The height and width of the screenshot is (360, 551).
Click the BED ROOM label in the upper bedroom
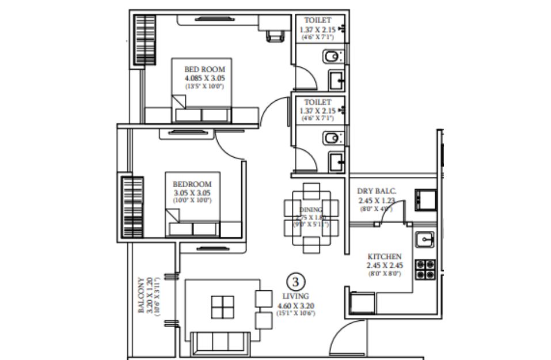click(x=204, y=69)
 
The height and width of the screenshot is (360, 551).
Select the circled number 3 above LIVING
click(x=295, y=282)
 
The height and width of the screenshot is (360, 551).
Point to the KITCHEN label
click(x=385, y=256)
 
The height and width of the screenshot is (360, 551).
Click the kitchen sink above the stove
click(x=425, y=237)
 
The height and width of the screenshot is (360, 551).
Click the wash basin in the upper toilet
click(x=335, y=79)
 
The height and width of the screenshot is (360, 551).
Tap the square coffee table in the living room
click(x=222, y=306)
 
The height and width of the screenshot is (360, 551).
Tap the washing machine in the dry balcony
click(x=425, y=199)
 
